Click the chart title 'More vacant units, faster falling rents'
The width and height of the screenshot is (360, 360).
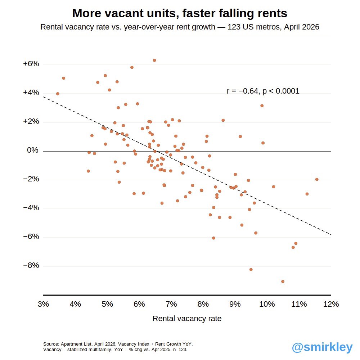pos(180,13)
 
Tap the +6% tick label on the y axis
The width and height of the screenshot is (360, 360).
pos(31,64)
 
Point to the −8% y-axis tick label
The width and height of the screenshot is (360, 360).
pos(31,265)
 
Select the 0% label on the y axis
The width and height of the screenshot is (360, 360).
pos(33,150)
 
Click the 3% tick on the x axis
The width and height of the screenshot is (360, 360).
pos(43,304)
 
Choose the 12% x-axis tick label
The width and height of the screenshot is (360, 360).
pos(331,304)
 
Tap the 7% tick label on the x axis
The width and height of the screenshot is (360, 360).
pos(171,304)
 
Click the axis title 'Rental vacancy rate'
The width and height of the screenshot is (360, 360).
pos(187,319)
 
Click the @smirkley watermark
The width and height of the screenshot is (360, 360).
pos(322,347)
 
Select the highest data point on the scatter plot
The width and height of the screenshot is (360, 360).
pos(154,60)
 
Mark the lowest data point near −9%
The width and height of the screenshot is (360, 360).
pos(283,282)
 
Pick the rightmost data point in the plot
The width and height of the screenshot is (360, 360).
pos(316,179)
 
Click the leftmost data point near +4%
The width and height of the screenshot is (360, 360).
pos(58,94)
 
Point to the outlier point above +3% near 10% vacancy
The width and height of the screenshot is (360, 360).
pos(262,105)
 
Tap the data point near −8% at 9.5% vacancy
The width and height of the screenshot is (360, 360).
pos(251,270)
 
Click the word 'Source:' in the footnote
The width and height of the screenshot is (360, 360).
pos(51,344)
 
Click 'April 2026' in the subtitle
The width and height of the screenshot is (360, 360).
pos(301,27)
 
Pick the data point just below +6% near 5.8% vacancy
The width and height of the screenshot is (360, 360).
pos(132,67)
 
